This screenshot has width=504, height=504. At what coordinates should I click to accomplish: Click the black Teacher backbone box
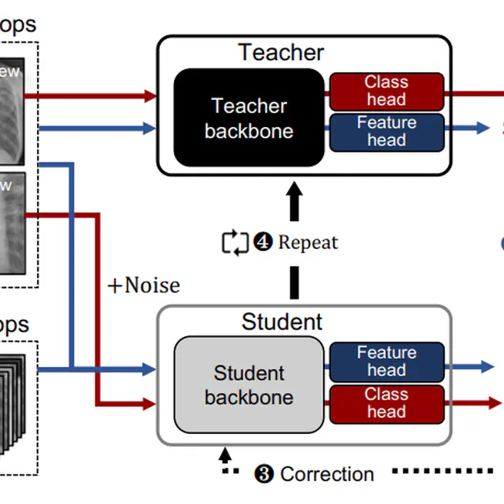249,118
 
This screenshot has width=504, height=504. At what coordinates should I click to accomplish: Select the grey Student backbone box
249,385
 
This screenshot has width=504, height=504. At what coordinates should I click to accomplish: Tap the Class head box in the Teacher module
386,91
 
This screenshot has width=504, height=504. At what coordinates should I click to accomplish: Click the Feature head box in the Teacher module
386,132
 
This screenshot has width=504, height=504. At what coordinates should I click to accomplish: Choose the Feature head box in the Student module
386,362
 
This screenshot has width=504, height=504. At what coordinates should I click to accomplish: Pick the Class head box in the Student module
386,403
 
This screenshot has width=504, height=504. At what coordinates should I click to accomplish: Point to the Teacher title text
281,52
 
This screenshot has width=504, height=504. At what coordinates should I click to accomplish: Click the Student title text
282,321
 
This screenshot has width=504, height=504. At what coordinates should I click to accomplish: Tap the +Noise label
143,285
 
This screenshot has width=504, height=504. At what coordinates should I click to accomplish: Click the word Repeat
308,242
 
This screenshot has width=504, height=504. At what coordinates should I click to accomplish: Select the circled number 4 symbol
263,242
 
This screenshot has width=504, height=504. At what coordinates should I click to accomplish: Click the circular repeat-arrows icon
235,242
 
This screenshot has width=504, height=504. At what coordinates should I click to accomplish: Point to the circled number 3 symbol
264,474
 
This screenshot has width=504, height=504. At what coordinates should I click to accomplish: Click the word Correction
327,474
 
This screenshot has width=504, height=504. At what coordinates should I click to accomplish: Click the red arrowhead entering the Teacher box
151,96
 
